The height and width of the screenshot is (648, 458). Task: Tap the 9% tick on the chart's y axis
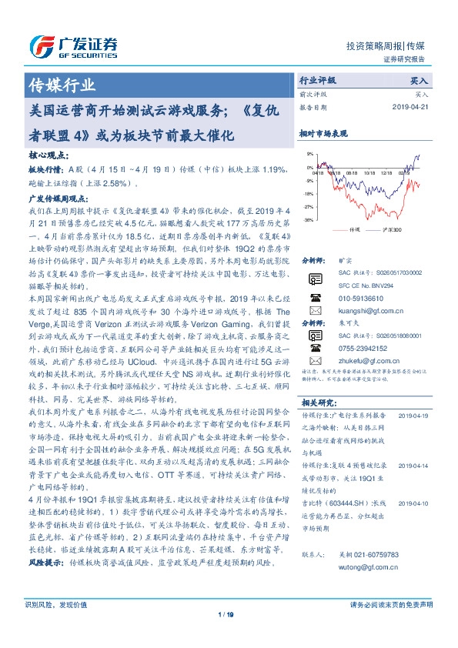309,154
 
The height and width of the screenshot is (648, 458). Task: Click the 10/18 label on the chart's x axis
370,174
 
